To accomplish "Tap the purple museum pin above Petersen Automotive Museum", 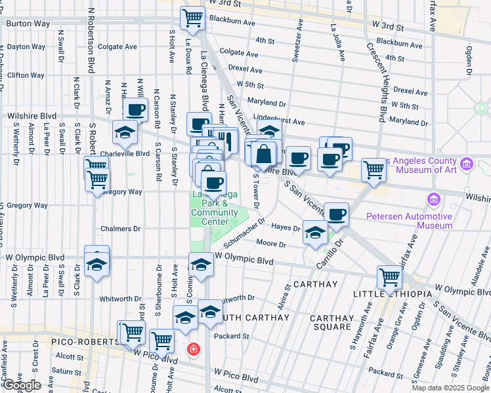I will [x=433, y=198].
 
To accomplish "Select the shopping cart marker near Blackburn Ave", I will [x=192, y=18].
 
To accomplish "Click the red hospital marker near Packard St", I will [x=192, y=349].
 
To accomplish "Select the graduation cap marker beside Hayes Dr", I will [x=316, y=234].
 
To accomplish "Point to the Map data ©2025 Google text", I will [x=450, y=388].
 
